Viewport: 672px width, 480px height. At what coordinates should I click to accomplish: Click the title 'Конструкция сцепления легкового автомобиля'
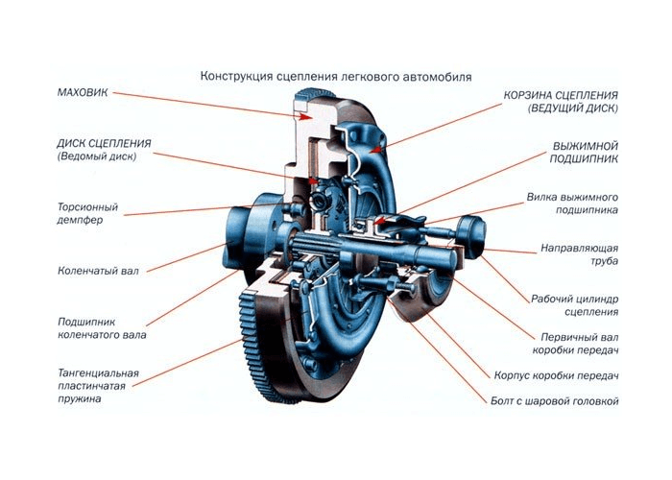click(x=336, y=77)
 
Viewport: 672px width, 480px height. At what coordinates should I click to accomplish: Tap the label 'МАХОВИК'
click(x=83, y=92)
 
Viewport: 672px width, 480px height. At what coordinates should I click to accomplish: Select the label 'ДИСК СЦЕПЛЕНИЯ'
click(x=104, y=143)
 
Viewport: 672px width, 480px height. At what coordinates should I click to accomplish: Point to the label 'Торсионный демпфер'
click(x=87, y=213)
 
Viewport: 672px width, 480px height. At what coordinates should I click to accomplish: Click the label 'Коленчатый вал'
click(x=98, y=271)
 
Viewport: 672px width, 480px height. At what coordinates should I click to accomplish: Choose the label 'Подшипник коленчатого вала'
click(x=102, y=328)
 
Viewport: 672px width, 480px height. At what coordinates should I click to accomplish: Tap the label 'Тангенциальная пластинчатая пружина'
click(x=98, y=386)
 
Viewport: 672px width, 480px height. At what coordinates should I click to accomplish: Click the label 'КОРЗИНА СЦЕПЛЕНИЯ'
click(x=561, y=95)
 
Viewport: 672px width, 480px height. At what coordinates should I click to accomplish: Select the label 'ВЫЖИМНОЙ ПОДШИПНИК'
click(x=584, y=152)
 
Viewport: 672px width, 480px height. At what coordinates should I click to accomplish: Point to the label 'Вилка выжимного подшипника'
click(x=572, y=204)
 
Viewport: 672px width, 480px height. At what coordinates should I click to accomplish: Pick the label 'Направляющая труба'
click(x=580, y=254)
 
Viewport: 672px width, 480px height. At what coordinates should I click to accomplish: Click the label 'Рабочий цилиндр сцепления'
click(x=575, y=305)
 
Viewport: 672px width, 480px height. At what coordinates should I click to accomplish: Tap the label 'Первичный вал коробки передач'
click(x=576, y=344)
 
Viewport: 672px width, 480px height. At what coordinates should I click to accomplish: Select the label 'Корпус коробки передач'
click(x=556, y=376)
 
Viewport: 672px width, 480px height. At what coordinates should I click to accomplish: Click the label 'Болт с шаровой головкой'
click(x=555, y=401)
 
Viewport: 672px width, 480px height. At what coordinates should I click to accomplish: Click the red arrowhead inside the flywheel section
click(x=305, y=116)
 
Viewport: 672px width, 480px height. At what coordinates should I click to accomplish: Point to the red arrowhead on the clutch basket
click(x=375, y=150)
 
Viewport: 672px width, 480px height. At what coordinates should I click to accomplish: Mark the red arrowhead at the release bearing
click(x=379, y=221)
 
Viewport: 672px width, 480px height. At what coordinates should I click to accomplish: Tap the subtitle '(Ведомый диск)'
click(x=97, y=156)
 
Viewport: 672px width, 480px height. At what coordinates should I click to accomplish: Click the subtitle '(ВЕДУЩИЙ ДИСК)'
click(x=573, y=108)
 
